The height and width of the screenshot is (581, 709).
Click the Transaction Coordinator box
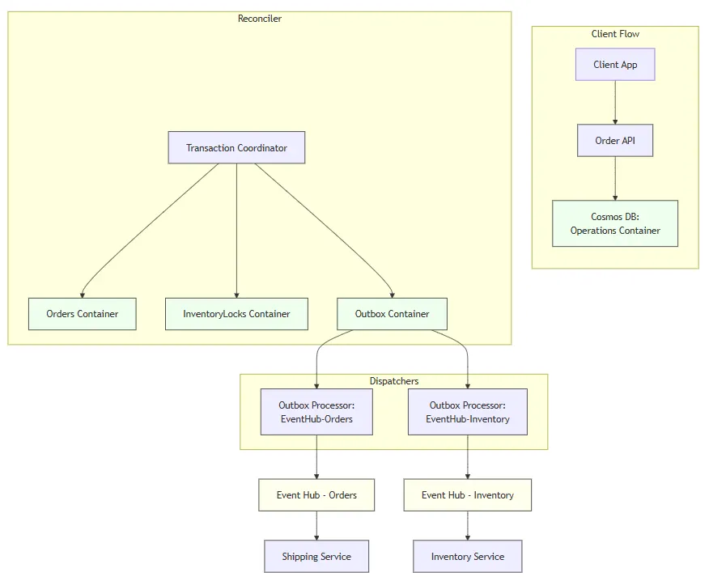point(236,148)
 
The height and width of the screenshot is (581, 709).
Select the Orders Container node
point(82,314)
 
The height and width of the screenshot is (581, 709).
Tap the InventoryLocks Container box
point(236,314)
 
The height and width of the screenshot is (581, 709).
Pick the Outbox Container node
point(392,314)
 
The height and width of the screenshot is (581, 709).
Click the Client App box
point(615,65)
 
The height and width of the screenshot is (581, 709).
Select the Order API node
point(615,141)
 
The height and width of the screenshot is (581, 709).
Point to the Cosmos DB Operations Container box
point(615,223)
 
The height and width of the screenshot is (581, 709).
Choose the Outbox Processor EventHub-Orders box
point(316,412)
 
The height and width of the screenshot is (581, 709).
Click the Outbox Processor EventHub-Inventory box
point(468,412)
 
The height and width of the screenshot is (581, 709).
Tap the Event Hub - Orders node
point(316,495)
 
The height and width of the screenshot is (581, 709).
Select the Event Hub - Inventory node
point(468,495)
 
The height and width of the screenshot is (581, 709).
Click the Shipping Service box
point(316,557)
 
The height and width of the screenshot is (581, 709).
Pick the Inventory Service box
point(468,557)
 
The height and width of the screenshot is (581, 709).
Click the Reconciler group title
point(260,19)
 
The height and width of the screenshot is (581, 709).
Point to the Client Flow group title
point(615,34)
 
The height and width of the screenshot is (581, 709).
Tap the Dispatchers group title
point(394,381)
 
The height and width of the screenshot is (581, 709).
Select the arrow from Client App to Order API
point(615,102)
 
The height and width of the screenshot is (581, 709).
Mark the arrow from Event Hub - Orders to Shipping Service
point(316,526)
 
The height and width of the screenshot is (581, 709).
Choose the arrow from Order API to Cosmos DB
point(615,178)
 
